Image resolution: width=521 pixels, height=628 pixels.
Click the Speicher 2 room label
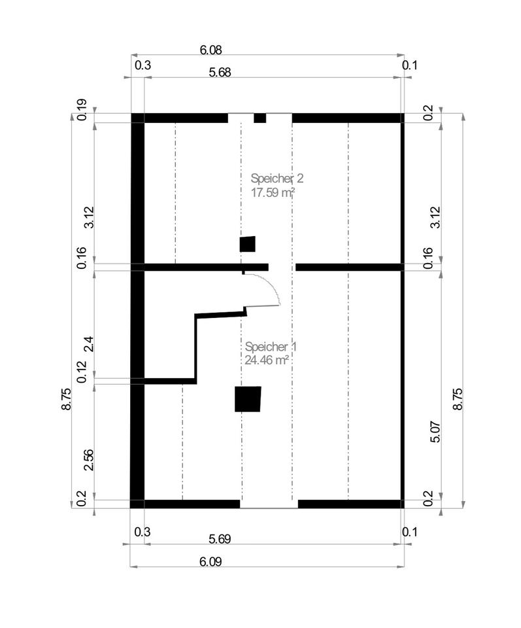pyautogui.click(x=277, y=178)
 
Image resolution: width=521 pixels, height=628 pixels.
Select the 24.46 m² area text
pyautogui.click(x=267, y=360)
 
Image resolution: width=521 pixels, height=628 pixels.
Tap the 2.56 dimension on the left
pyautogui.click(x=89, y=461)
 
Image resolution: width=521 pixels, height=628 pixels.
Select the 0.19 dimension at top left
pyautogui.click(x=82, y=109)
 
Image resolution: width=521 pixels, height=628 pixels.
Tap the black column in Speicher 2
pyautogui.click(x=247, y=244)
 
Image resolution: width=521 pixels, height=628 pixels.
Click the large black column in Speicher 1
pyautogui.click(x=248, y=399)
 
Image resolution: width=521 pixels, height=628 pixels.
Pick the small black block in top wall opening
pyautogui.click(x=260, y=118)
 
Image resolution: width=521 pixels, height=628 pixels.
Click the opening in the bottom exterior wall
pyautogui.click(x=269, y=504)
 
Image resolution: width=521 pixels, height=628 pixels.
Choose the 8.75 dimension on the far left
pyautogui.click(x=66, y=399)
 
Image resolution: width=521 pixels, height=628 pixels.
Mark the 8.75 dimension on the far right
pyautogui.click(x=457, y=399)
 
